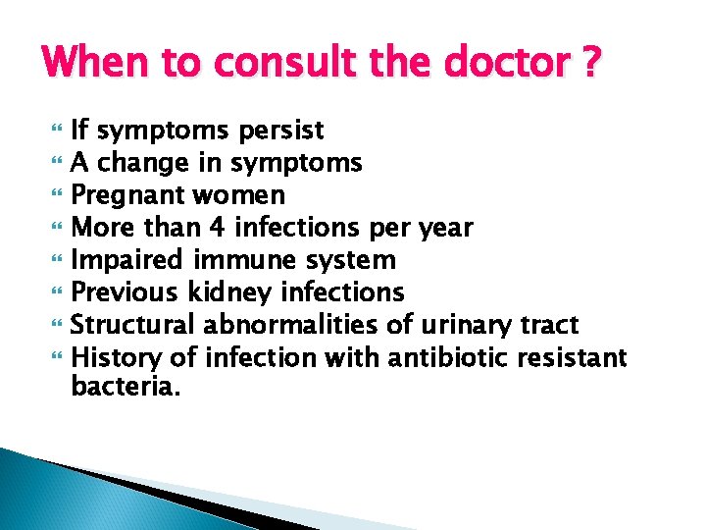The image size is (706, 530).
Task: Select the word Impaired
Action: [x=126, y=260]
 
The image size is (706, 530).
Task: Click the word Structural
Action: [x=137, y=324]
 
